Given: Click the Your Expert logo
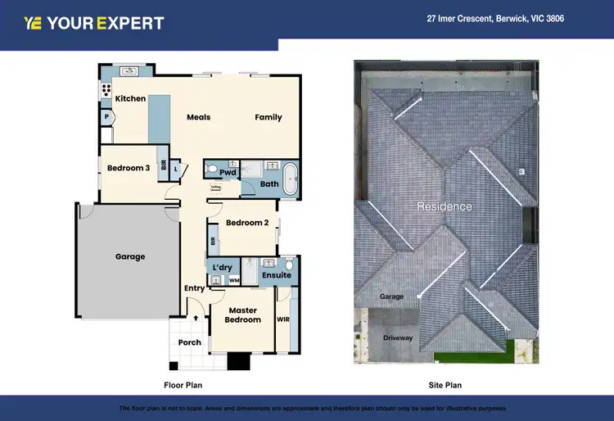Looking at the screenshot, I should tap(94, 23).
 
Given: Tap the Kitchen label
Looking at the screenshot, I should tap(130, 99).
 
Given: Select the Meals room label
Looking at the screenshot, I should tap(198, 117).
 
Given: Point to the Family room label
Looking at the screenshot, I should tap(268, 117).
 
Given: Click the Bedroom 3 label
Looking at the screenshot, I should tap(129, 169).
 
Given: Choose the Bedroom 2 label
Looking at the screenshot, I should tap(247, 223).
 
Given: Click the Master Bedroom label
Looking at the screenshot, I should tap(243, 315).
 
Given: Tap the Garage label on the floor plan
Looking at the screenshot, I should tap(129, 256).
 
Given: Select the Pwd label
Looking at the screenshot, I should tap(228, 173).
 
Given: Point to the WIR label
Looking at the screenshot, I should tap(283, 319).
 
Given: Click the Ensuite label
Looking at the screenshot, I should tap(277, 275).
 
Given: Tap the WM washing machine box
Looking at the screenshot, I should tap(234, 281).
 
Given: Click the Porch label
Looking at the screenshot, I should tap(190, 342).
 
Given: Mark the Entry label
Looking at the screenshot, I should tap(194, 288).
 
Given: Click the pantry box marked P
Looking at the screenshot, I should tap(106, 118).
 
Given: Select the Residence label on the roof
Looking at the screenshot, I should tap(445, 206).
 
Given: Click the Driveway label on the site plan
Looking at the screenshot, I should tap(398, 337).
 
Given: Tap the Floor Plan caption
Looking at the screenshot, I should tap(183, 384).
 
